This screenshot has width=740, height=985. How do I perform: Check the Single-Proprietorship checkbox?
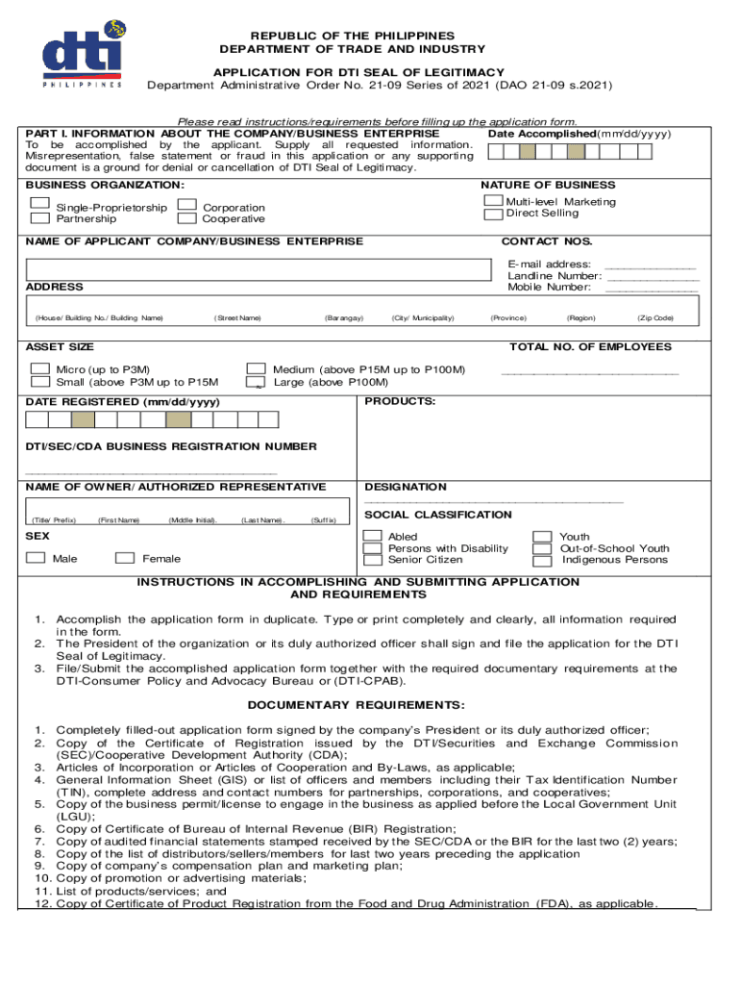(39, 203)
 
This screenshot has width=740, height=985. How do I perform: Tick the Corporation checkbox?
(187, 204)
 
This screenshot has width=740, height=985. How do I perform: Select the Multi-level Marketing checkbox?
(493, 199)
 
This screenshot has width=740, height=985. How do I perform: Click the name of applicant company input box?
(249, 268)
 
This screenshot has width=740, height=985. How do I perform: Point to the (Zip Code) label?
(654, 318)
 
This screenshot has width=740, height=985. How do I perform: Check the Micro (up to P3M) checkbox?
(40, 368)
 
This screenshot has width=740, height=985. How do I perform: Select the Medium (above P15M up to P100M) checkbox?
(256, 368)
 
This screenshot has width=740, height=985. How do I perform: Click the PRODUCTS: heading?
(401, 401)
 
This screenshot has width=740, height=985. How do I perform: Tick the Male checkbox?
(36, 557)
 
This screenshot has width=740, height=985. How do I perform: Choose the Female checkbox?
(124, 557)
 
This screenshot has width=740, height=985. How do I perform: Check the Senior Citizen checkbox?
(372, 560)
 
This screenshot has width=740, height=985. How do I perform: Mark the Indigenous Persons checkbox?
(543, 560)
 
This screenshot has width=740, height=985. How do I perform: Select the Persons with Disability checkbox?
(372, 548)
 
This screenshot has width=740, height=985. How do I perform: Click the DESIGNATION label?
(406, 487)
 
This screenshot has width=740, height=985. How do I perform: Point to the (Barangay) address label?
(343, 318)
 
